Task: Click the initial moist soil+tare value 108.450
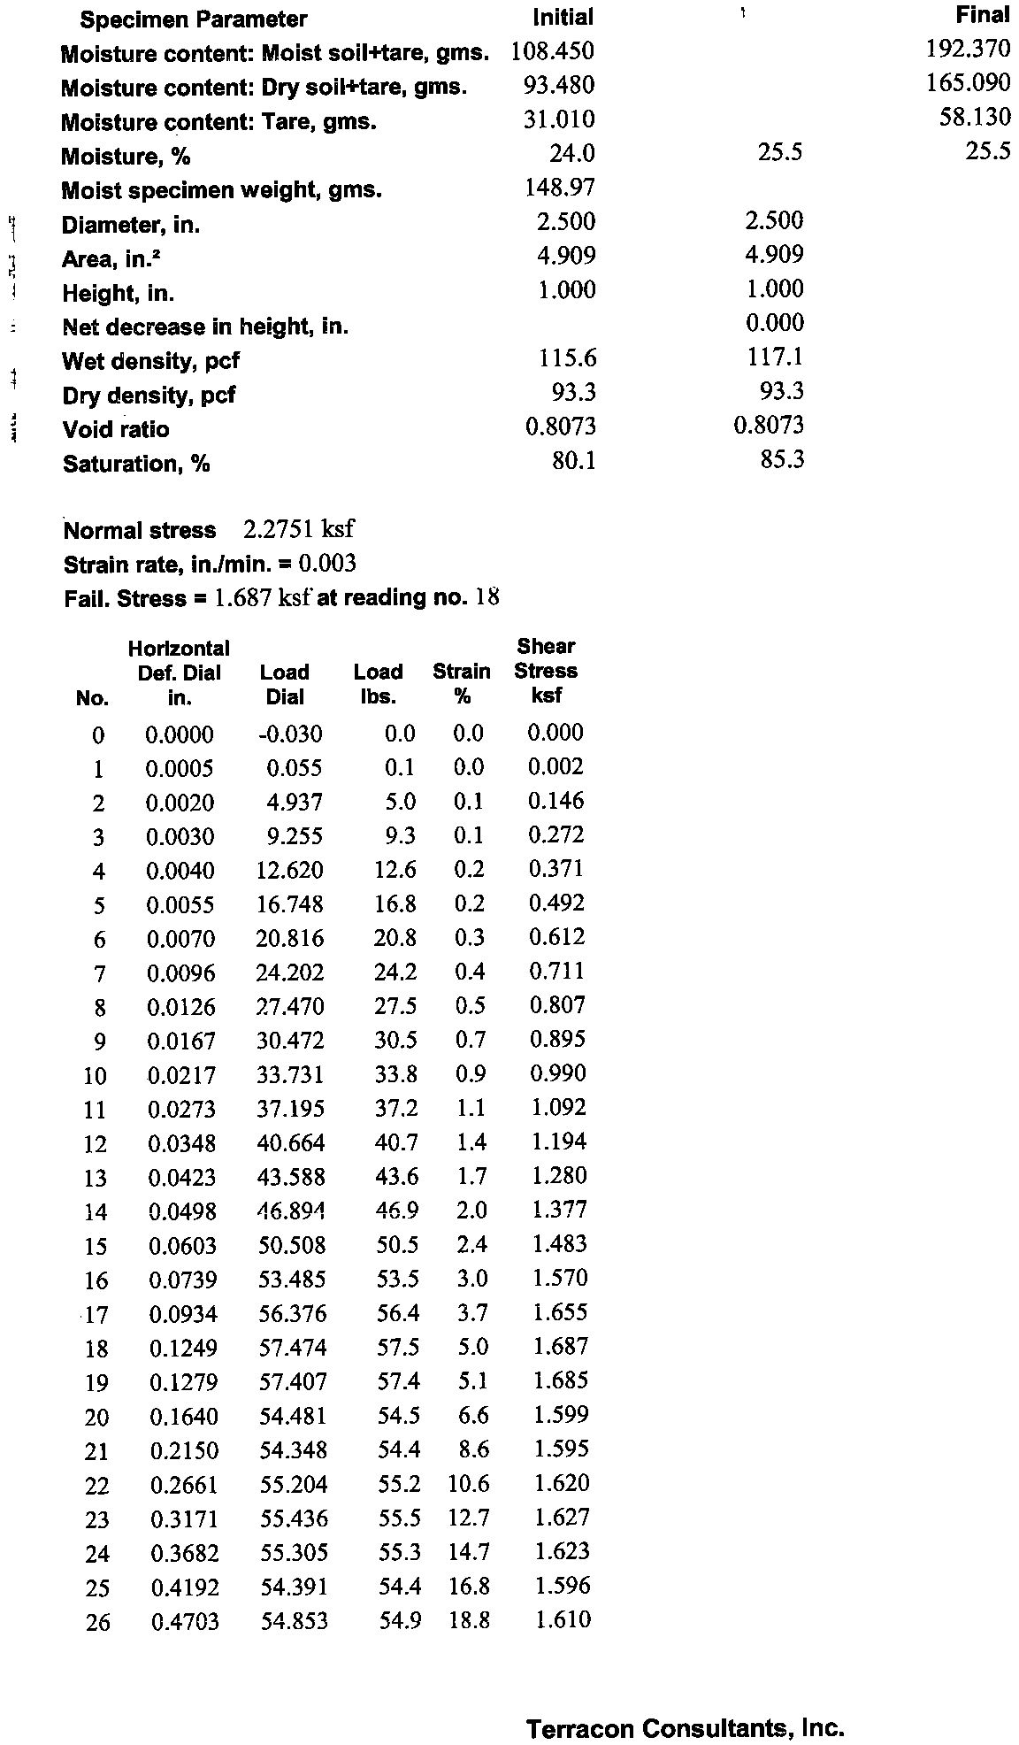point(552,51)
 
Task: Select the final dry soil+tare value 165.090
point(968,84)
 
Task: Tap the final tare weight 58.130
point(974,118)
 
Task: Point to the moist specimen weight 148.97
point(559,188)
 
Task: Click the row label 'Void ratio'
point(116,430)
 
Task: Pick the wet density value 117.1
point(775,357)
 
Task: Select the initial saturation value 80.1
point(572,460)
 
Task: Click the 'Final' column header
point(982,15)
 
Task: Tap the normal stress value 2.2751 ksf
point(298,530)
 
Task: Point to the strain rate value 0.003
point(327,564)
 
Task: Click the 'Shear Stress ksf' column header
point(547,671)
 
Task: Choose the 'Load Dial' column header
point(285,684)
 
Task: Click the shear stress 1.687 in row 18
point(559,1347)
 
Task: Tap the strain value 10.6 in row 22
point(469,1484)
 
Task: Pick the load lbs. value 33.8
point(396,1074)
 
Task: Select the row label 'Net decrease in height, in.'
point(205,327)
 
